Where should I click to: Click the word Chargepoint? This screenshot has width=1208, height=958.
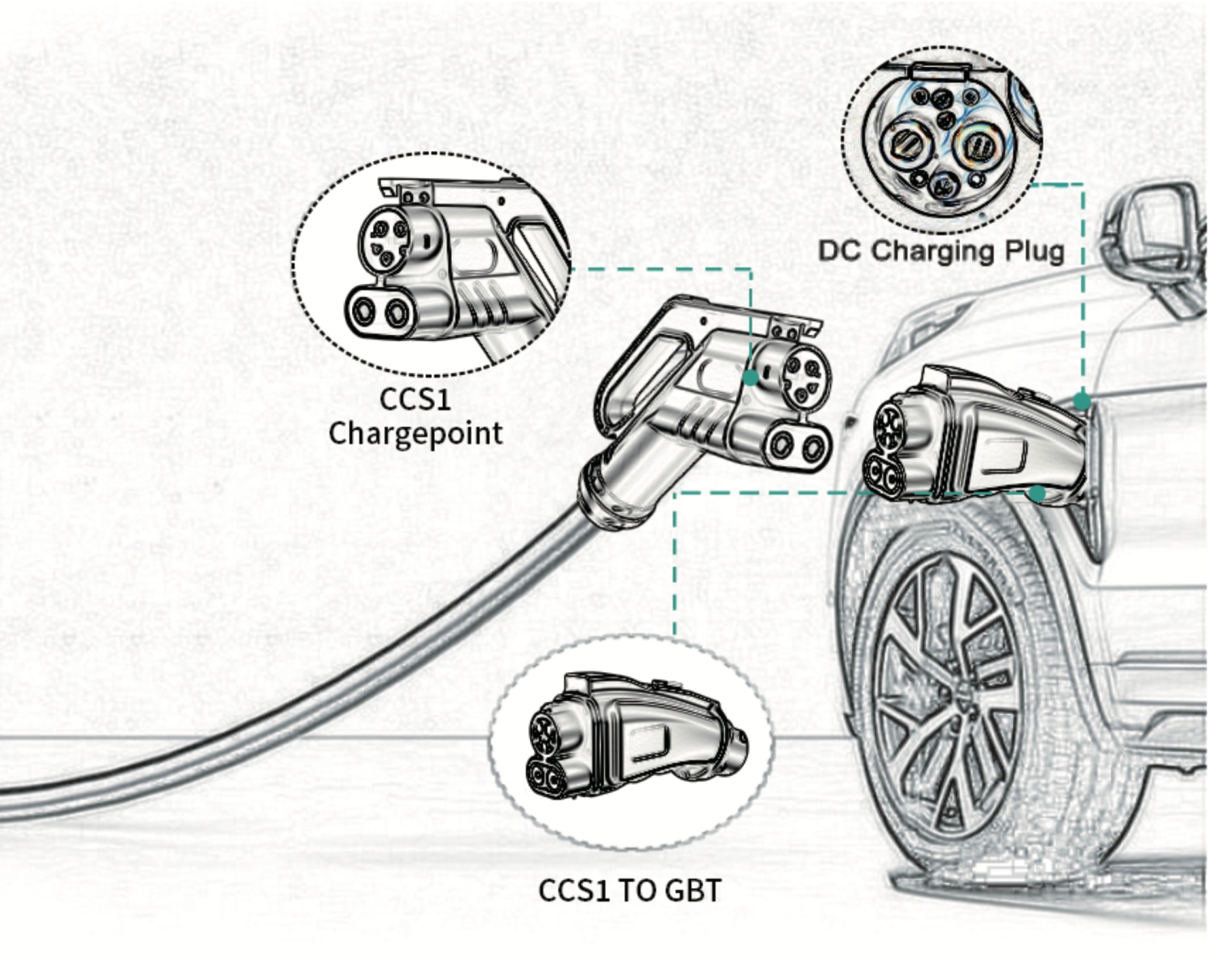[x=416, y=434]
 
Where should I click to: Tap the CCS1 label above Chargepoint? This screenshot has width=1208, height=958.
[x=416, y=399]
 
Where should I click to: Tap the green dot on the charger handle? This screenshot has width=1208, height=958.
[x=750, y=378]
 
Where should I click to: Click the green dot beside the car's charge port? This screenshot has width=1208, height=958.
[x=1082, y=401]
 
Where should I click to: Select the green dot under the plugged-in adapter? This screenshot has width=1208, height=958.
[x=1038, y=493]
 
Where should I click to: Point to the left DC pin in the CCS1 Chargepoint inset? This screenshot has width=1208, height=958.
[x=363, y=311]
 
